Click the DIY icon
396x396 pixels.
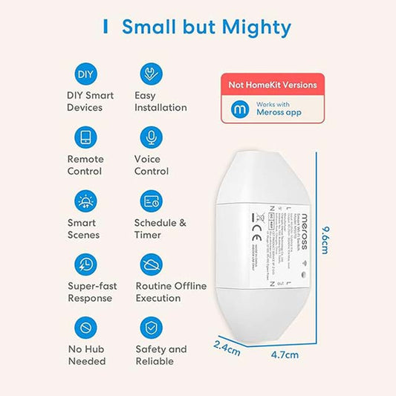85,74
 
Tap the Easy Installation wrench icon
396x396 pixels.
152,74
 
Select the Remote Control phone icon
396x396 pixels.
85,137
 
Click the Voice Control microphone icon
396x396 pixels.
152,137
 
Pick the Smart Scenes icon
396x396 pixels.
85,201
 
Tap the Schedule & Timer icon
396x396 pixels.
152,201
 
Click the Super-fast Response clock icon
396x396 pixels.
85,264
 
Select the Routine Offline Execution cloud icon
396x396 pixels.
152,264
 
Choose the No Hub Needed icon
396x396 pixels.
85,328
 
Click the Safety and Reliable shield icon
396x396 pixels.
152,328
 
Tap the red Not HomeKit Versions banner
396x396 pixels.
272,85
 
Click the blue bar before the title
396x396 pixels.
106,27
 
